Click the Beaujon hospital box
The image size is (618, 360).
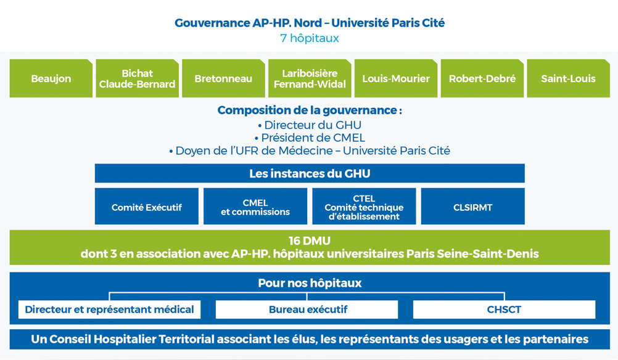click(x=51, y=78)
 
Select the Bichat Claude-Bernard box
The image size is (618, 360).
click(x=137, y=78)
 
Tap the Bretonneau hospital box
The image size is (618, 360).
click(x=223, y=78)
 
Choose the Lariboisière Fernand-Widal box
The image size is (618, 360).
click(x=310, y=78)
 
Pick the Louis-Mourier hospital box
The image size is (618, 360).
click(x=396, y=78)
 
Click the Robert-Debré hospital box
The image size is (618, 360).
click(x=482, y=78)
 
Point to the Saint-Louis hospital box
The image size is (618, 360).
click(x=568, y=78)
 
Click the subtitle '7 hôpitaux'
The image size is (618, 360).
click(x=310, y=38)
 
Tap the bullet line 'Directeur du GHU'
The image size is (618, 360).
click(x=310, y=125)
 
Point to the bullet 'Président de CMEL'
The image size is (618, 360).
click(x=310, y=138)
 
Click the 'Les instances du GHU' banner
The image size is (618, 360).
click(x=310, y=173)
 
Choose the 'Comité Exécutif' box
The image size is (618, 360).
click(x=147, y=207)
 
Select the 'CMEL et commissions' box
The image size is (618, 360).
click(x=255, y=207)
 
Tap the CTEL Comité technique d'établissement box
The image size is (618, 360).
click(x=364, y=207)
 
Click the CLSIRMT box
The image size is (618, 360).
click(x=473, y=207)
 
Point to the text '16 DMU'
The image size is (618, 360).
click(x=310, y=240)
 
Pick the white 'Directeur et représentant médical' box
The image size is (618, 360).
click(x=109, y=309)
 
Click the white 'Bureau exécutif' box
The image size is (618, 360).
click(x=307, y=309)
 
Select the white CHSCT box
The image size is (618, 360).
click(x=504, y=309)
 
